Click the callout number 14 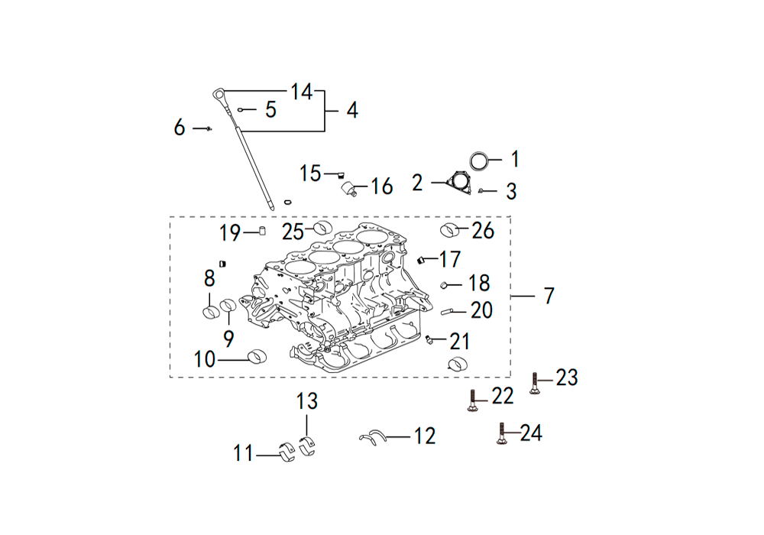pyautogui.click(x=301, y=92)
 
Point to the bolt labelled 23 pyautogui.click(x=535, y=384)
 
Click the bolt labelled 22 pyautogui.click(x=471, y=401)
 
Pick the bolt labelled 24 pyautogui.click(x=501, y=433)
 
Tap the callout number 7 pyautogui.click(x=549, y=296)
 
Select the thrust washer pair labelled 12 pyautogui.click(x=374, y=436)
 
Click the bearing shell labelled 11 pyautogui.click(x=288, y=452)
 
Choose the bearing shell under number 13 pyautogui.click(x=307, y=446)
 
